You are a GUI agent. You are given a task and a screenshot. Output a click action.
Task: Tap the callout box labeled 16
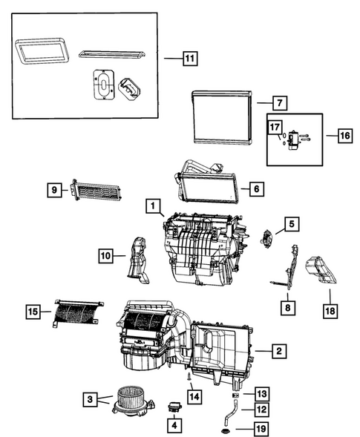[344, 136]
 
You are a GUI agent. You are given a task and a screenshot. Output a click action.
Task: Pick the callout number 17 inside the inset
[275, 128]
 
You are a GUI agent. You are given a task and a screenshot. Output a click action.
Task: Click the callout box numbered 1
[151, 204]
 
